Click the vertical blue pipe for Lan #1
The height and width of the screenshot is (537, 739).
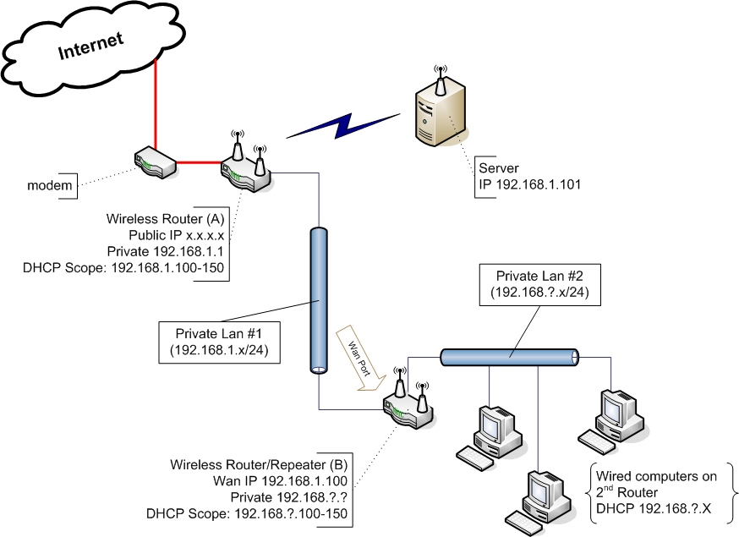click(x=318, y=300)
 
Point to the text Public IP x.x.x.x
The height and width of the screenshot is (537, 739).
click(x=176, y=235)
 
